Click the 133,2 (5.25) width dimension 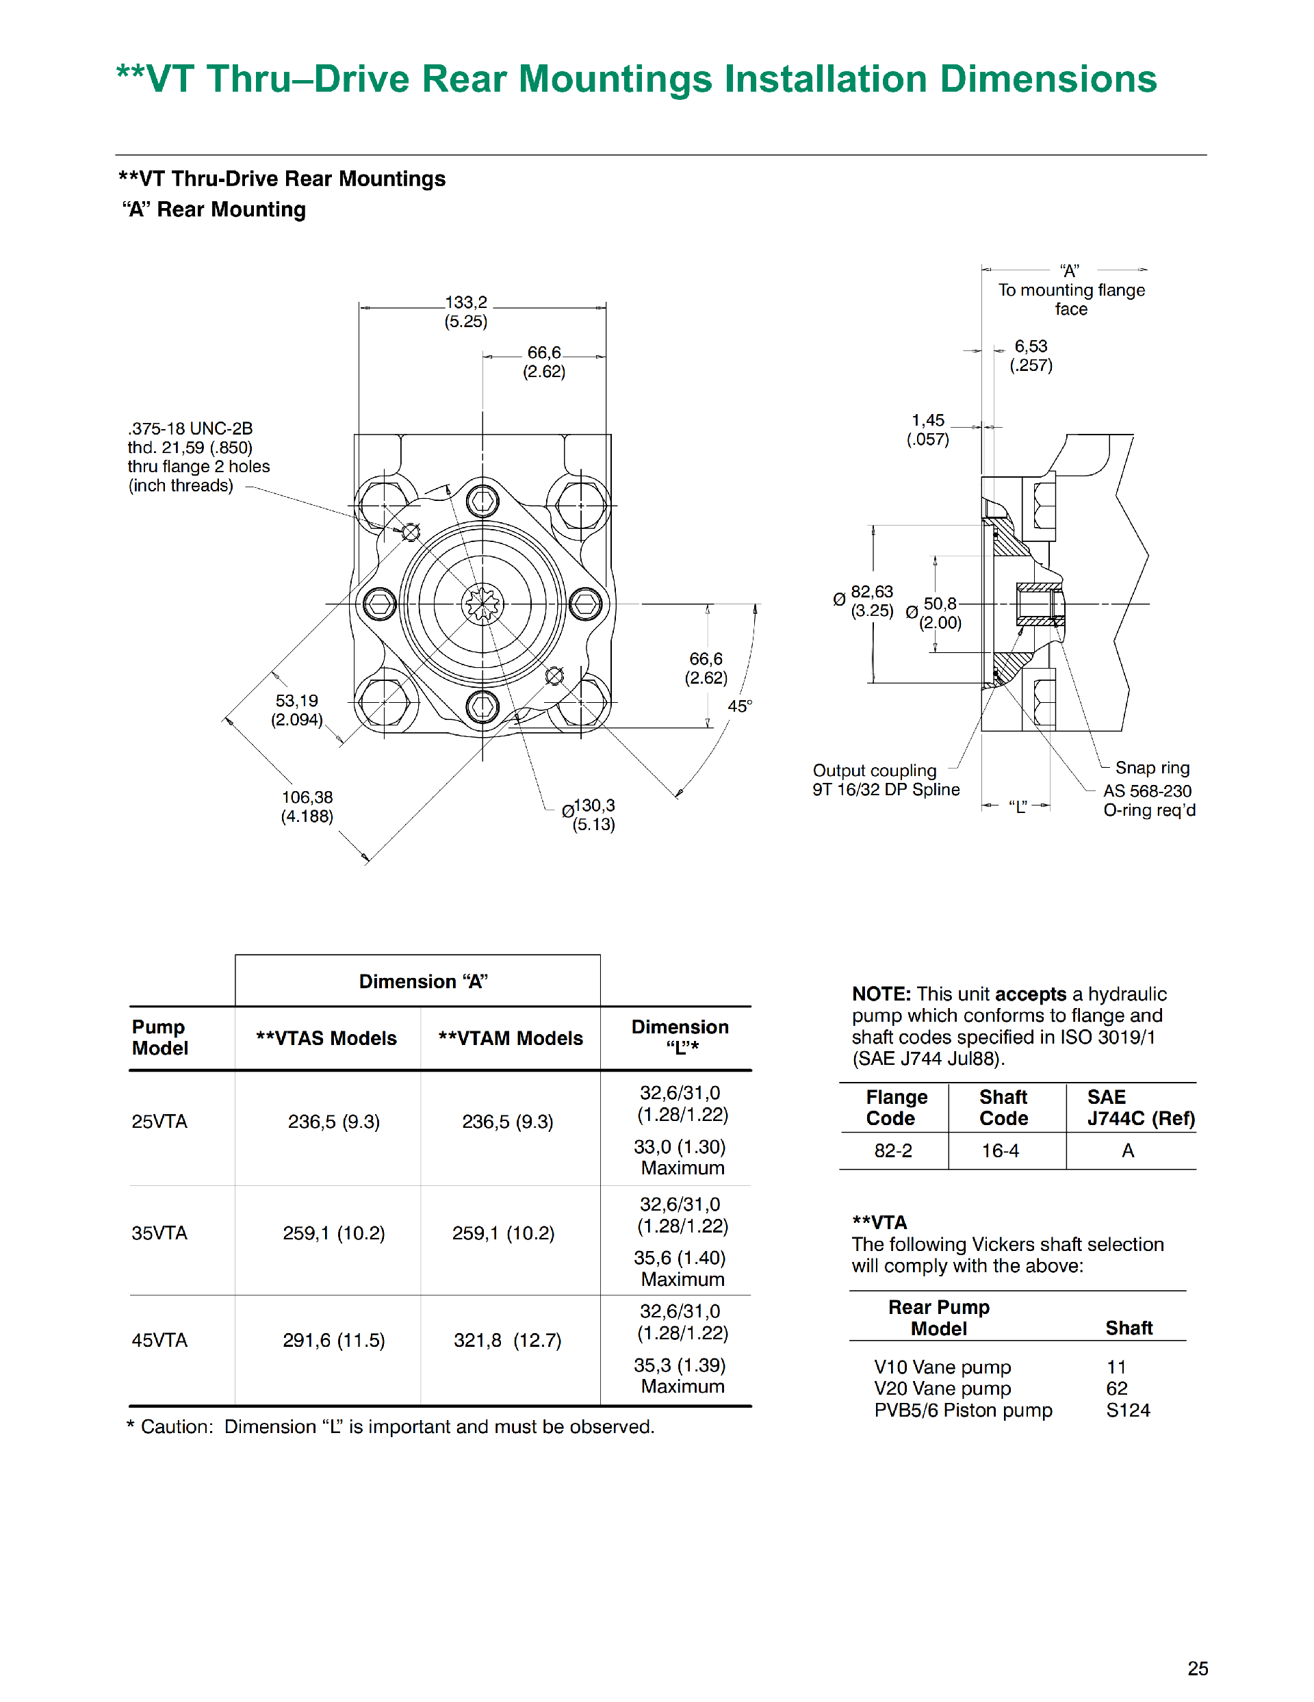[465, 311]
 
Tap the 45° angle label [739, 706]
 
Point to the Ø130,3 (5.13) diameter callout [590, 814]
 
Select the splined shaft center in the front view [482, 604]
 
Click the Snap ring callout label [1152, 768]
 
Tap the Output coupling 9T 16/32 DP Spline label [886, 780]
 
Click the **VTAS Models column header [326, 1038]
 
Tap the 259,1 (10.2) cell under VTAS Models [333, 1233]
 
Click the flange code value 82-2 [892, 1150]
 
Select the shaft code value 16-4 [1000, 1150]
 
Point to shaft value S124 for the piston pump [1128, 1410]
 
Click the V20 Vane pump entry [942, 1388]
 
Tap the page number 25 [1197, 1668]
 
